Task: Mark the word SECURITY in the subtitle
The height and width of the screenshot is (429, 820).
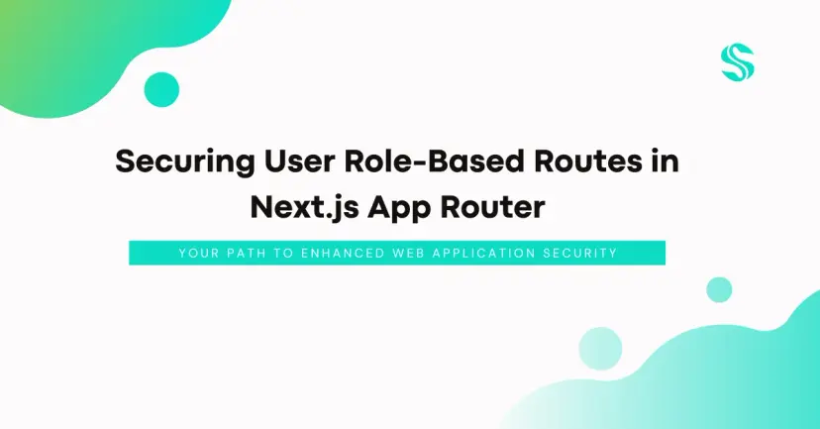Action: tap(581, 254)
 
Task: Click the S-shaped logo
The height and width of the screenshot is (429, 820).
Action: tap(738, 63)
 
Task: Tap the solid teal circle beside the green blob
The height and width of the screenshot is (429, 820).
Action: tap(161, 90)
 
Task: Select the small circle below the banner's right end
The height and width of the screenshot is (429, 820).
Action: tap(719, 289)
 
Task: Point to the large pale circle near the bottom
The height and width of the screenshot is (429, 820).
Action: tap(600, 349)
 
